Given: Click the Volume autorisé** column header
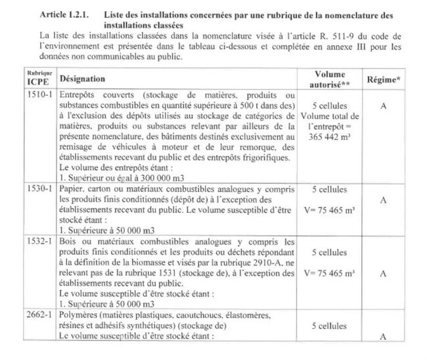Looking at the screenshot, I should [x=329, y=79].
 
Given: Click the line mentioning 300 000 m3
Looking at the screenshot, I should [x=110, y=179].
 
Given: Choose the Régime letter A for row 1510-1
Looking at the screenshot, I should [x=382, y=106].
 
